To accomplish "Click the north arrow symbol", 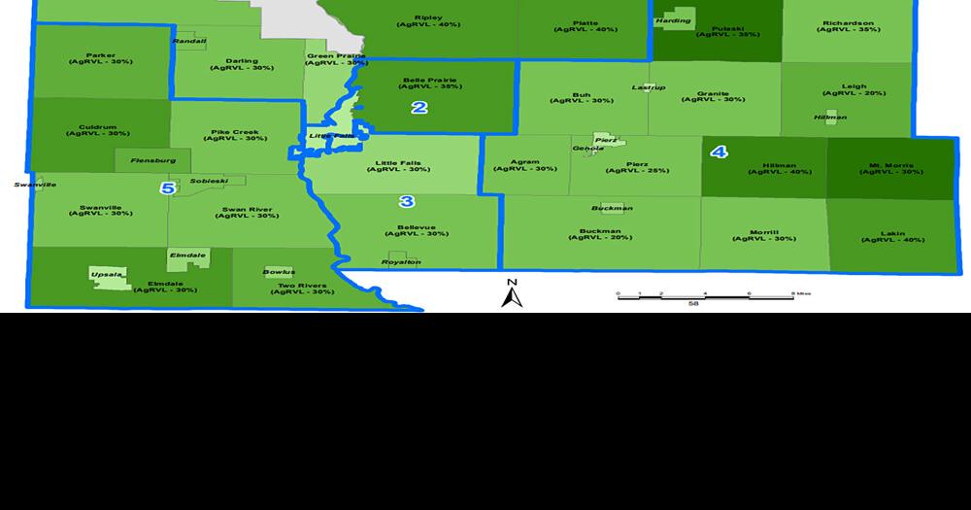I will [512, 293].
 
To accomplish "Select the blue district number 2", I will [419, 107].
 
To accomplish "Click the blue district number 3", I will [407, 201].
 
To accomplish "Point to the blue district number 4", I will [719, 152].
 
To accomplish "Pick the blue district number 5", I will [168, 187].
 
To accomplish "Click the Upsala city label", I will [106, 275].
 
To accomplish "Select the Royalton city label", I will [401, 262].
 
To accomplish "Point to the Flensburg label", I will [151, 159].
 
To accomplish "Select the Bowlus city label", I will [279, 272].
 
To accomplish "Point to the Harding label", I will [673, 20].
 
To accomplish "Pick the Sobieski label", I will [209, 181].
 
